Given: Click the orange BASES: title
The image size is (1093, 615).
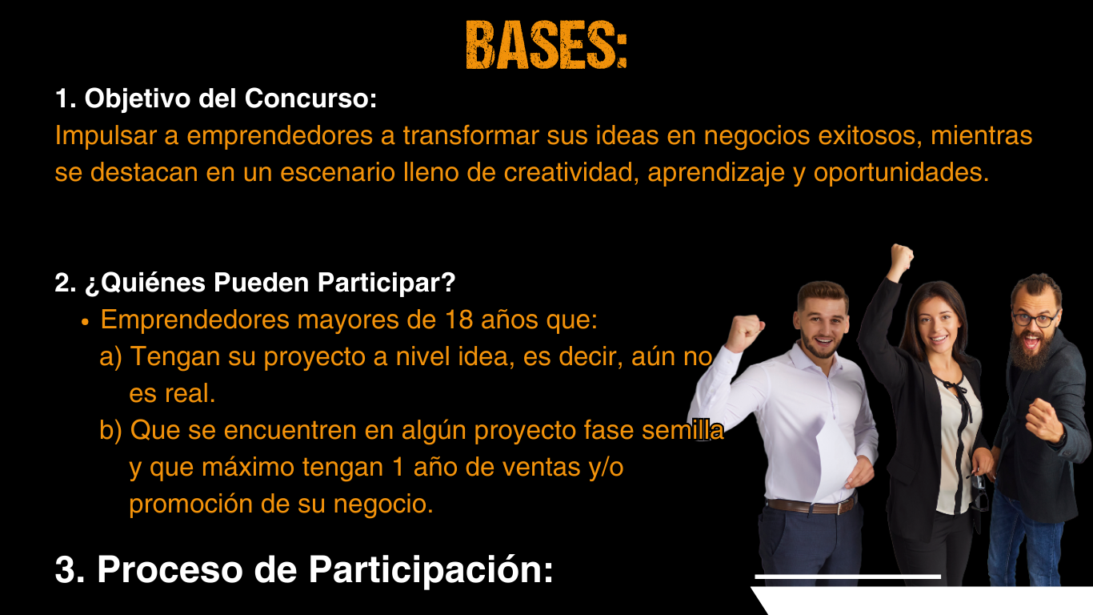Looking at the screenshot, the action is tap(546, 45).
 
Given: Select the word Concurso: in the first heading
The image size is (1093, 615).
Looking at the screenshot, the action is tap(310, 98).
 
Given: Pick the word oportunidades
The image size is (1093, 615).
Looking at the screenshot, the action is tap(901, 174).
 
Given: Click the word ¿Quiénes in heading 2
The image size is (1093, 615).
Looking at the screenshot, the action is tap(145, 283).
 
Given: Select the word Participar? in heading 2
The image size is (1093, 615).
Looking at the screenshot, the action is tap(386, 283).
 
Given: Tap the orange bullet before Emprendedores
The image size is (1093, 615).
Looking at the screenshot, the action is tap(86, 323).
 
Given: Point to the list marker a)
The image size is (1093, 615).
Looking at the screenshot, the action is tap(110, 357).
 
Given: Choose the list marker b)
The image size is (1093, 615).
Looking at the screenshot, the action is tap(110, 430).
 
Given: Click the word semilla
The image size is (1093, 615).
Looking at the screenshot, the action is tap(683, 430).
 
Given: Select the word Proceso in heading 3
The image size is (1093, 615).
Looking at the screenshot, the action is tap(170, 569).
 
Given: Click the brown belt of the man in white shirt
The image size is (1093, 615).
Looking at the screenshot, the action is tap(811, 505).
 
